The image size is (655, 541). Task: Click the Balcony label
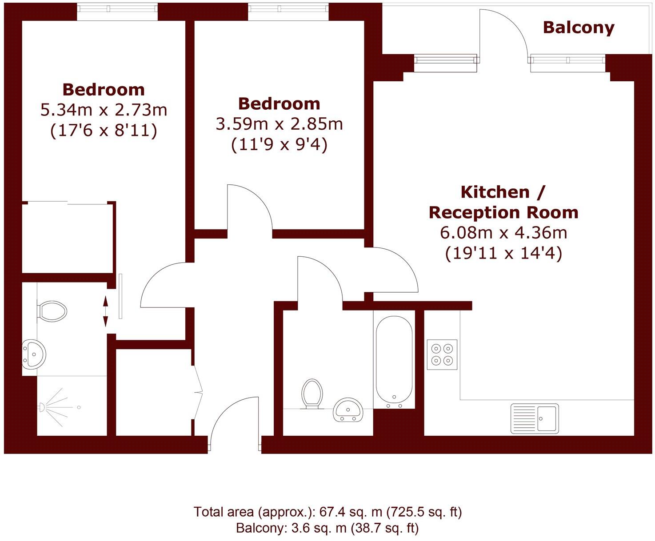point(578,28)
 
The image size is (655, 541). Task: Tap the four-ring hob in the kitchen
point(442,354)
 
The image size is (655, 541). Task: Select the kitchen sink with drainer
point(535,418)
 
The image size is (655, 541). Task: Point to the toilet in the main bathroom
point(312,393)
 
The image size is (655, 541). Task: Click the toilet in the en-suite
point(52,311)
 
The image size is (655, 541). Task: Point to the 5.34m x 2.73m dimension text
point(104,110)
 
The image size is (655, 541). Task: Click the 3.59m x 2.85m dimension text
point(279,124)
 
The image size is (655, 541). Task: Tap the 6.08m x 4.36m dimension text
point(503,232)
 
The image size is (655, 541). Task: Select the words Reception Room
point(503,212)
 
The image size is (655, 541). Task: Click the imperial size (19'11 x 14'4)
point(503,253)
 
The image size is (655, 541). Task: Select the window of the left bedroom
point(117,12)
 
